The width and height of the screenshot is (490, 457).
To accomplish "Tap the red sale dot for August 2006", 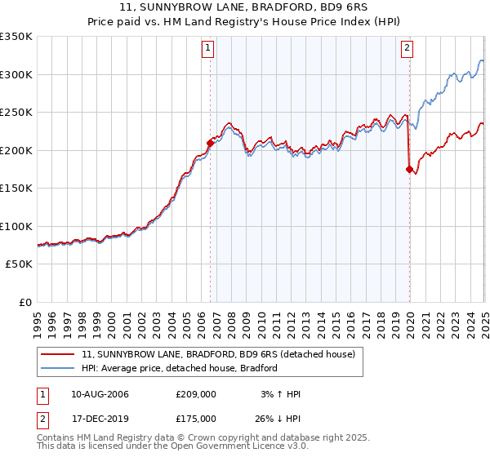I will (x=210, y=143).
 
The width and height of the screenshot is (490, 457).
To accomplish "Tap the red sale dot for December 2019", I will (x=409, y=169).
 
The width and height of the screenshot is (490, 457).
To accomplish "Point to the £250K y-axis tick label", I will (x=16, y=113).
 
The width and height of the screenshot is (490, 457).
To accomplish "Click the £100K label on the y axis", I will (x=16, y=226).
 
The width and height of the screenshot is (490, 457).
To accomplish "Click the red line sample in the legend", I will (x=58, y=354).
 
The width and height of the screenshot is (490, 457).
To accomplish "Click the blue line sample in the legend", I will (x=58, y=368).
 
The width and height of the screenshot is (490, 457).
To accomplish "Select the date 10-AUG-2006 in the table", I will (x=100, y=394).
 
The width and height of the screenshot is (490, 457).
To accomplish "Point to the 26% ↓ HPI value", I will (x=277, y=420).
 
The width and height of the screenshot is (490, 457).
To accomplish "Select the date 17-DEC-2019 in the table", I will (x=100, y=420).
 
